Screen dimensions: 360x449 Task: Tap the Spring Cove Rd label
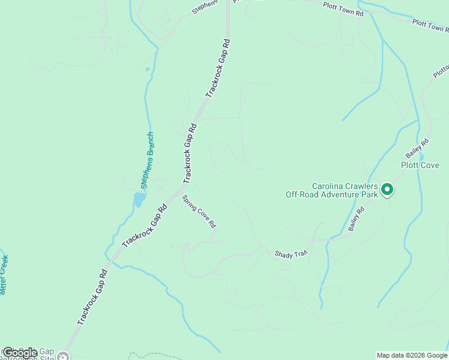click(199, 212)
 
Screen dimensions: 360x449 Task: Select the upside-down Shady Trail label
click(291, 254)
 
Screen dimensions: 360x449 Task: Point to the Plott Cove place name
click(420, 165)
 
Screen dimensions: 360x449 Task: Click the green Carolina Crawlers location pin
click(387, 190)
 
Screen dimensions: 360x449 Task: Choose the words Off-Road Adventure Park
click(331, 194)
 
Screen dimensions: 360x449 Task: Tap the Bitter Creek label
click(5, 275)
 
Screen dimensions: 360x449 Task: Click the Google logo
click(20, 353)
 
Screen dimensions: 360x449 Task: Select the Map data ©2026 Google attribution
click(411, 355)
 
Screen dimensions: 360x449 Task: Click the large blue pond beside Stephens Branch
click(139, 200)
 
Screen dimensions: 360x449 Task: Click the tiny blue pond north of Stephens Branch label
click(147, 69)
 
